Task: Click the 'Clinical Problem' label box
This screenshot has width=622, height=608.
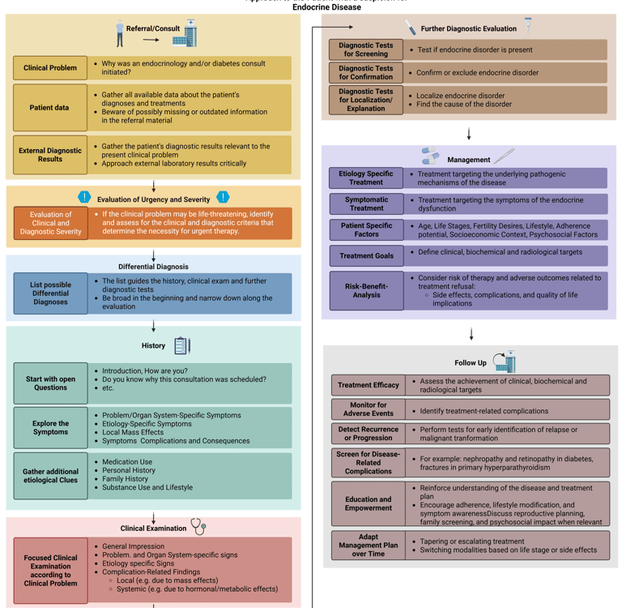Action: (x=50, y=68)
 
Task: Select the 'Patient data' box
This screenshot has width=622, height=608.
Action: (x=50, y=107)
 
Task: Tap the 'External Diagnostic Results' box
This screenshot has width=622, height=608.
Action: (x=50, y=154)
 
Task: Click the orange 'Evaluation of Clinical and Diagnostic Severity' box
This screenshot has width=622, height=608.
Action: (x=50, y=223)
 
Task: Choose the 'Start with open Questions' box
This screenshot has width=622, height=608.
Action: (x=50, y=383)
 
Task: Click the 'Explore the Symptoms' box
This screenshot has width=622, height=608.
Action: (x=50, y=428)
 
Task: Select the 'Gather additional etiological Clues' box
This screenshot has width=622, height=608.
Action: (x=50, y=476)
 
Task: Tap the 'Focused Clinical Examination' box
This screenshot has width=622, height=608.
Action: (x=50, y=571)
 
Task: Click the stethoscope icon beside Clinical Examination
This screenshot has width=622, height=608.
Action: (x=198, y=527)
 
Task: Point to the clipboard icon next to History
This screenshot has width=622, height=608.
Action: (x=181, y=345)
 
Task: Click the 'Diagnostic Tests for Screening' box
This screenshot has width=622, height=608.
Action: (x=366, y=50)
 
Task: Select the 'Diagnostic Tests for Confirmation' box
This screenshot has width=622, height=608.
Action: (x=366, y=73)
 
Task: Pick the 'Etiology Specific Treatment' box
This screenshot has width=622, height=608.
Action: (x=366, y=178)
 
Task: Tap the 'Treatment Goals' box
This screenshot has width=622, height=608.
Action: (x=366, y=256)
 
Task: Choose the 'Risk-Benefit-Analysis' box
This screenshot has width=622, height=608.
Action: (x=366, y=290)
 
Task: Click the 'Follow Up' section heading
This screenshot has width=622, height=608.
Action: (x=471, y=362)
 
